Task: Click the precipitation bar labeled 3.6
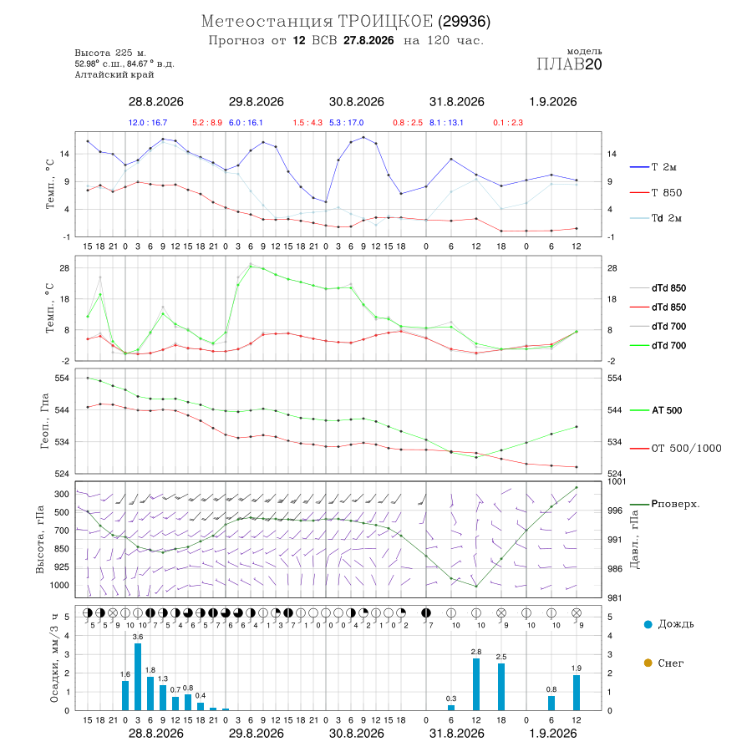[138, 677]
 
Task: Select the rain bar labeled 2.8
[476, 684]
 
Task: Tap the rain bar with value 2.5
[501, 687]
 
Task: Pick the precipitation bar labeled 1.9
[577, 693]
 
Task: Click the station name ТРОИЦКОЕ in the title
[385, 21]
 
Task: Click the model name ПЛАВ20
[569, 64]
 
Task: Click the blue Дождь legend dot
[648, 624]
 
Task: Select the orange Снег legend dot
[648, 663]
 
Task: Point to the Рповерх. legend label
[675, 504]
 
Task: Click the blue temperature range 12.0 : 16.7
[148, 123]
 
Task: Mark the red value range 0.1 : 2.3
[508, 123]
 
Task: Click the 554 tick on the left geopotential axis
[62, 379]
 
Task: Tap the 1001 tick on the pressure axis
[617, 481]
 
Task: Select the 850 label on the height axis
[61, 549]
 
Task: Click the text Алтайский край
[114, 74]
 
